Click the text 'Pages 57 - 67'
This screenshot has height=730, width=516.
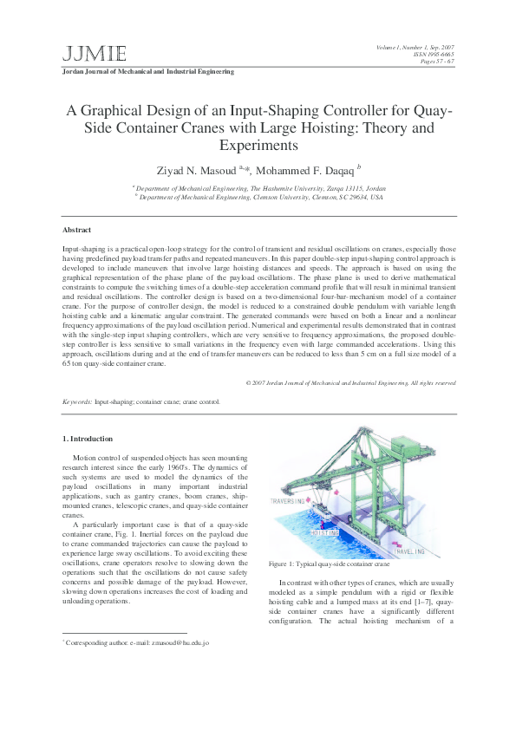click(x=436, y=62)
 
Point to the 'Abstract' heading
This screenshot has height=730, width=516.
click(x=76, y=230)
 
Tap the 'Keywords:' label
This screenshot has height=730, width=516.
click(x=77, y=402)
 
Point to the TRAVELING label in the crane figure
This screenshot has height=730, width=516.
click(x=410, y=551)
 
